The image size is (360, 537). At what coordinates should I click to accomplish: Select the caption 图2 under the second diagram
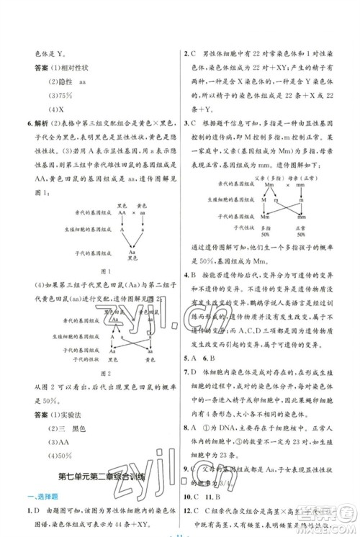coord(105,373)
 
